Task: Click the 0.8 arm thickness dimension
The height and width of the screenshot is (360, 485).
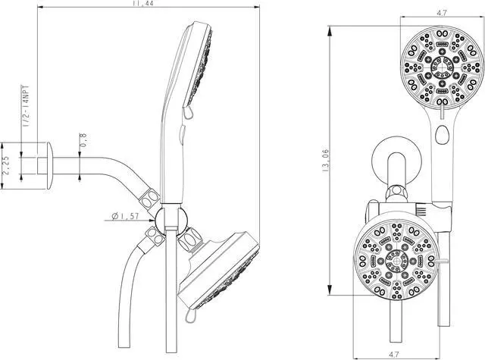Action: [83, 142]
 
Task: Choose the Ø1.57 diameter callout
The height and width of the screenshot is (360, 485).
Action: [126, 217]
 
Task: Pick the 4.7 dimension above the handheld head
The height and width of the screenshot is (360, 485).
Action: [441, 12]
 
